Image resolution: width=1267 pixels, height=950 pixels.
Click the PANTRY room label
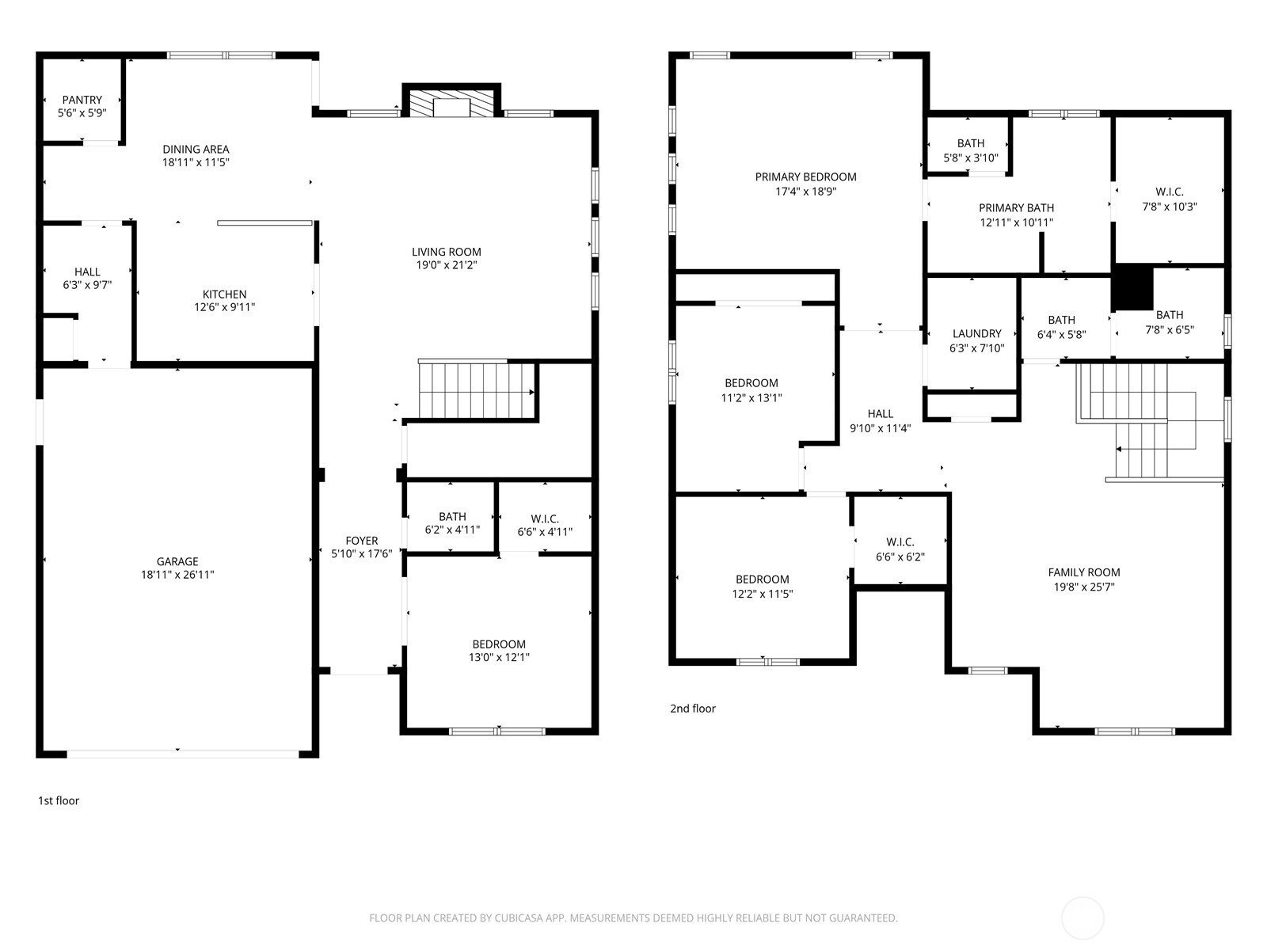point(82,100)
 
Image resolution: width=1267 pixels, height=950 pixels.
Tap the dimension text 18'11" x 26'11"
point(177,575)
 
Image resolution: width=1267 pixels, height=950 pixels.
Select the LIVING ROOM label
point(446,252)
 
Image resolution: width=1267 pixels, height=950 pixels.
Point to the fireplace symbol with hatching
point(451,103)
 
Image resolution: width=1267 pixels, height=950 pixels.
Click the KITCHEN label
point(225,294)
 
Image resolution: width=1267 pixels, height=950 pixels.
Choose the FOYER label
point(362,541)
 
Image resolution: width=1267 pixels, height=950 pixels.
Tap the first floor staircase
point(476,389)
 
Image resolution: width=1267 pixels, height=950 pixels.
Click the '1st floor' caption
point(59,800)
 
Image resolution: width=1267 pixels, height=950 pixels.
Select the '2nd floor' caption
point(693,709)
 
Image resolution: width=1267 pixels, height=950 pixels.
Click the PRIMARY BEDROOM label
point(806,177)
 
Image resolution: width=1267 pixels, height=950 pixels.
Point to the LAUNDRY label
point(976,333)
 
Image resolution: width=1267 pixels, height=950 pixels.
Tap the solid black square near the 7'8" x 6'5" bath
point(1132,287)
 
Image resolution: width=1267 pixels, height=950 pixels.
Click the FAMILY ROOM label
point(1084,572)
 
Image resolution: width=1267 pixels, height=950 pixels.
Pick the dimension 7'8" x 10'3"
point(1170,207)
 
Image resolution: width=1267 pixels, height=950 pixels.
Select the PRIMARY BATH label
point(1017,207)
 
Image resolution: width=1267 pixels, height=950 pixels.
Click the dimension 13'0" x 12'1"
point(499,657)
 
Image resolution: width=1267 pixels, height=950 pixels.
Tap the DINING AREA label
point(196,150)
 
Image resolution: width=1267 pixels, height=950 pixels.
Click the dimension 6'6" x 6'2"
point(900,557)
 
